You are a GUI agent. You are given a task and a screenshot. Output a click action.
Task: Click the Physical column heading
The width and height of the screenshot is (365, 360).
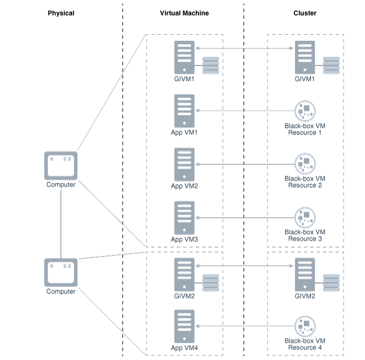[x=61, y=13]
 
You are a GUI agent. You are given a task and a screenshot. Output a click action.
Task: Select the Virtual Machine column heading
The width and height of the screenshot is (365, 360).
[x=184, y=13]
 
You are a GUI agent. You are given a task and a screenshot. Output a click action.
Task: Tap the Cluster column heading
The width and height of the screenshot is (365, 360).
[x=304, y=13]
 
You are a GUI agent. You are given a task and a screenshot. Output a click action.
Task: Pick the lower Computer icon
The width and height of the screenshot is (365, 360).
[x=61, y=272]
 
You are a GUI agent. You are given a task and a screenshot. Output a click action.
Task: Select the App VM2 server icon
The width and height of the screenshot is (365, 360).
[x=184, y=164]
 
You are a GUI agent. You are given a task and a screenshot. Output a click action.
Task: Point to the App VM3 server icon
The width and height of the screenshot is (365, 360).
[x=184, y=218]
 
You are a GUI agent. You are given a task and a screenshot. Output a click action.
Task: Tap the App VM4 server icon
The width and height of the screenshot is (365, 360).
[x=184, y=326]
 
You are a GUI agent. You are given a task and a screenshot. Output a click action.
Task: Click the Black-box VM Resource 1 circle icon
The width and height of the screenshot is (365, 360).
[x=304, y=111]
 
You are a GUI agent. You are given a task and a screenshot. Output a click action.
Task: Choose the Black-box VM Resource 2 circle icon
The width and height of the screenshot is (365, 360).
[x=304, y=164]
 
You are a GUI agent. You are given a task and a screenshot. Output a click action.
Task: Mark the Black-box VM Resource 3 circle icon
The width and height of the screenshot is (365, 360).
[x=304, y=217]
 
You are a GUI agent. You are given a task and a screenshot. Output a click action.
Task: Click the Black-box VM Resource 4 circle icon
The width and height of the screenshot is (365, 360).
[x=304, y=326]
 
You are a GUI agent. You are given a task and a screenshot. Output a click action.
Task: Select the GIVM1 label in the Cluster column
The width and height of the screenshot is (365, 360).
[x=304, y=79]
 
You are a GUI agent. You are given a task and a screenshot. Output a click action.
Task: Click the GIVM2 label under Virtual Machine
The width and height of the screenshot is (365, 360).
[x=184, y=296]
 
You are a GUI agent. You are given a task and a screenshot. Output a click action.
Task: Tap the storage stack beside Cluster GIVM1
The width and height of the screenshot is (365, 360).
[x=331, y=65]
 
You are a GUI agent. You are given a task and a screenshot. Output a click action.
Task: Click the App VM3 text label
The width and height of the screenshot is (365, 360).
[x=184, y=239]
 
